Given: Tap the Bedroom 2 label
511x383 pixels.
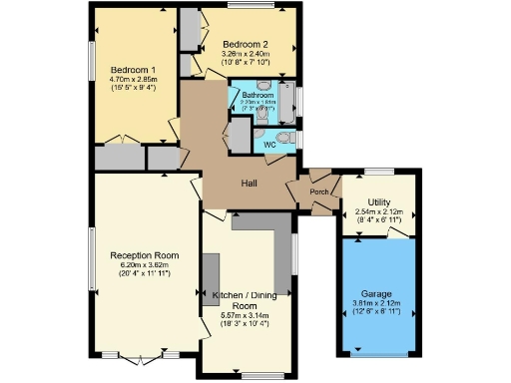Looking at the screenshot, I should coord(246,44).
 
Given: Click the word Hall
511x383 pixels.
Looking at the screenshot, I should coord(251,183).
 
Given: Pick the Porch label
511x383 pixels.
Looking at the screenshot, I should coord(319,191).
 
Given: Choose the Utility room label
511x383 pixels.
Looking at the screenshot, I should coord(378,202).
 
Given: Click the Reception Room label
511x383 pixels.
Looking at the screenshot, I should coord(145,254).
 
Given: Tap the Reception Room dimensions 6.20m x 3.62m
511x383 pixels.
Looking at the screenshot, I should coord(145,263).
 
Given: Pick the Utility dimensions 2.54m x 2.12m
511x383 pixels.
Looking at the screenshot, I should coord(378,211).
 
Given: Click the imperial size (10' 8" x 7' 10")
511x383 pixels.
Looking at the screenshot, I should coord(246,62).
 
